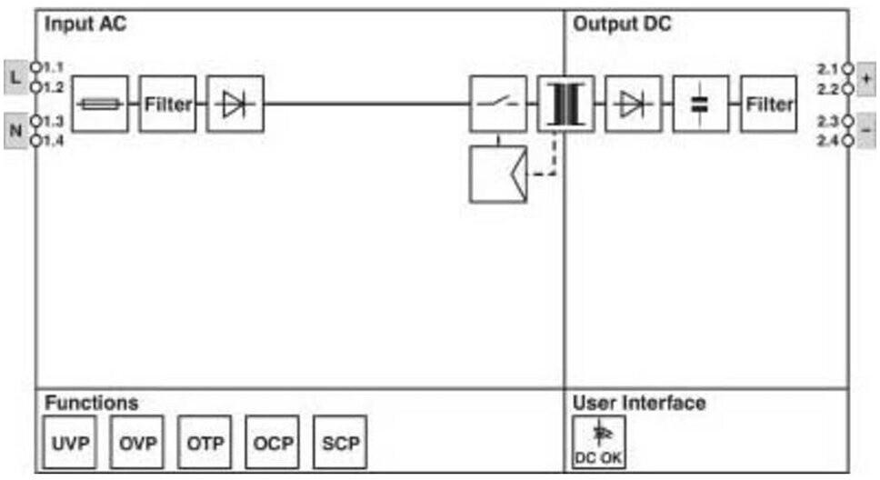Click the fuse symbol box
point(99,105)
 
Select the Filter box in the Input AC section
point(167,105)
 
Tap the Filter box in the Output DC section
point(768,105)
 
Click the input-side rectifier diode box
point(235,105)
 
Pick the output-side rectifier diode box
point(633,105)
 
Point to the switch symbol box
point(498,105)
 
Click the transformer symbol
point(565,105)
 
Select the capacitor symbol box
point(700,105)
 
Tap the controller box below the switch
point(498,174)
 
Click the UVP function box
point(70,443)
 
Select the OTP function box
point(205,443)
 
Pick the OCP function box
point(273,443)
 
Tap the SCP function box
point(340,443)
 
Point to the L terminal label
point(15,77)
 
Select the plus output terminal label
point(865,77)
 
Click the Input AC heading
point(85,25)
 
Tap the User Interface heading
point(638,403)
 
